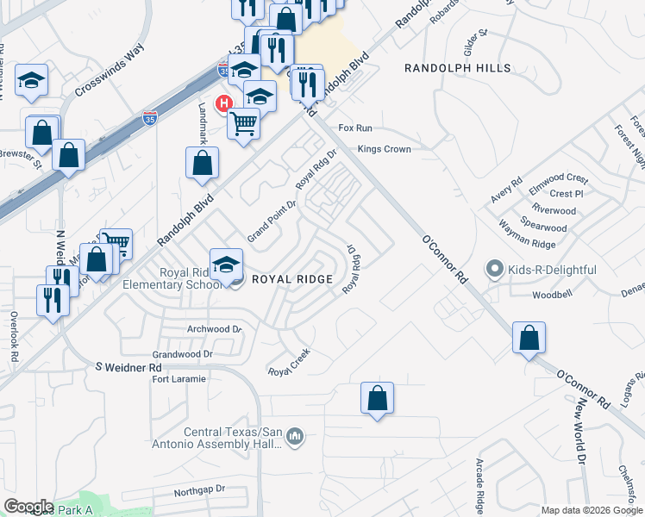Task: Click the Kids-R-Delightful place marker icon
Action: coord(495,270)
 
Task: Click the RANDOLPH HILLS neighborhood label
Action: coord(458,68)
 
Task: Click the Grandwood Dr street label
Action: coord(182,354)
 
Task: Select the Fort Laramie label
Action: coord(179,379)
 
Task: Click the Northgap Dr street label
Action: coord(198,489)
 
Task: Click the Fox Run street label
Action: coord(355,128)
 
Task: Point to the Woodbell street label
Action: coord(553,295)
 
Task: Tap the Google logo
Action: coord(28,507)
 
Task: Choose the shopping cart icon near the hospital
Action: coord(243,123)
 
